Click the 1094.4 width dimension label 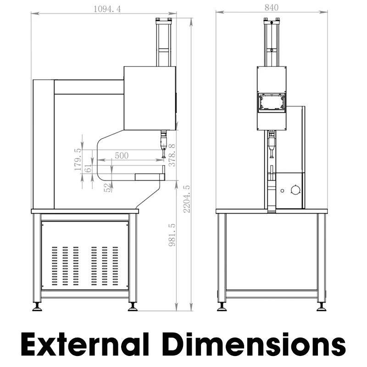(107, 9)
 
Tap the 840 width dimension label (272, 8)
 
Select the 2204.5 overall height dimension (187, 199)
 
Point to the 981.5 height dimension (172, 235)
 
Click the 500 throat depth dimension (122, 156)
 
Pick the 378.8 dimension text (172, 155)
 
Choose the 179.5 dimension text (78, 159)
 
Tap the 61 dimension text (88, 168)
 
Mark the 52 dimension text (107, 188)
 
